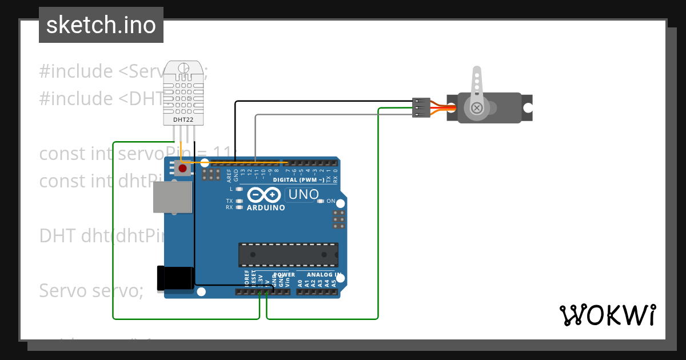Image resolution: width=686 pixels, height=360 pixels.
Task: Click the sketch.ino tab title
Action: click(x=101, y=25)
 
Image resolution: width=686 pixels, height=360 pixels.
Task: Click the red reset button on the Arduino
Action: click(x=183, y=169)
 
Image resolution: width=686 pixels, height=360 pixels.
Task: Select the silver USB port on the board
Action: click(x=172, y=197)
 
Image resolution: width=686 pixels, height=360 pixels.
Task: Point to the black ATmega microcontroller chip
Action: click(x=288, y=255)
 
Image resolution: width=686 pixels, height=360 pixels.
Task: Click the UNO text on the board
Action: click(x=303, y=194)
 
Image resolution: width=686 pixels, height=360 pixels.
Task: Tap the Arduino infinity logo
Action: click(x=264, y=195)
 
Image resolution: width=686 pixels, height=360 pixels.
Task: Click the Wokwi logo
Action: click(x=607, y=315)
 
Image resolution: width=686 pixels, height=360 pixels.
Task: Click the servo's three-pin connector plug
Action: click(x=421, y=107)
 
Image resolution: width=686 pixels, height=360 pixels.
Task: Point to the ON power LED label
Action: click(x=331, y=201)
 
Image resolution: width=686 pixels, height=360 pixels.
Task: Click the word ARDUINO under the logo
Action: click(x=266, y=208)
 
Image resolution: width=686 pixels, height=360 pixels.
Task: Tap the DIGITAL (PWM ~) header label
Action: click(x=299, y=180)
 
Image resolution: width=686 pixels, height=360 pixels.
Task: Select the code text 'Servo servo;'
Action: click(x=91, y=290)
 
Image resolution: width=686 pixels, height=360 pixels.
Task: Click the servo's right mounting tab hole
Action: click(x=528, y=107)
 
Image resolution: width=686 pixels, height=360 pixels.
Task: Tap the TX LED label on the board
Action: click(x=229, y=201)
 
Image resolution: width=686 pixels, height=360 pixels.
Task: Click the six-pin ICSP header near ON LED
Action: click(x=339, y=219)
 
